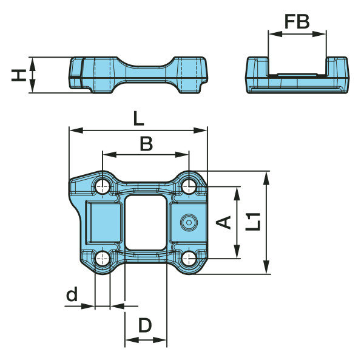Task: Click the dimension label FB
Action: pos(297,21)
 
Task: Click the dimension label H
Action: pos(19,75)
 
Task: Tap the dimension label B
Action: pos(146,143)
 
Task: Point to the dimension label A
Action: pos(223,222)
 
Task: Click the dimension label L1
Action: pos(253,222)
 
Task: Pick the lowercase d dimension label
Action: pos(72,294)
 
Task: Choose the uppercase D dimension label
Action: pos(145,325)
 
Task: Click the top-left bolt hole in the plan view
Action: pos(103,186)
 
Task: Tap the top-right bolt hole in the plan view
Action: pos(189,186)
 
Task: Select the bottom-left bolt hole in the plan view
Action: pos(103,259)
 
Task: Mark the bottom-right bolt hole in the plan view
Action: pos(189,259)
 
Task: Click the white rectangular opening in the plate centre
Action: pos(146,223)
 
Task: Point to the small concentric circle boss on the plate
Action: pos(189,223)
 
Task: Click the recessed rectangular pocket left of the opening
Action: pos(104,223)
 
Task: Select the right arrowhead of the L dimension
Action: pos(200,131)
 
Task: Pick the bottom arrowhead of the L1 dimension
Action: pos(266,267)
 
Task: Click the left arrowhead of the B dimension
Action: pos(110,154)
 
